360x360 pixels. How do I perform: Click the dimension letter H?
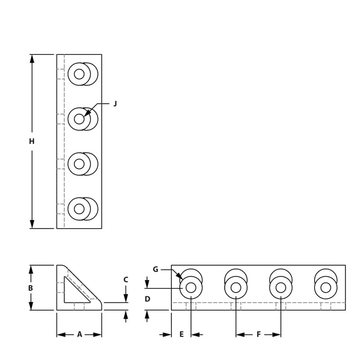tap(31, 141)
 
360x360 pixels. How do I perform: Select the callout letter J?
tap(115, 103)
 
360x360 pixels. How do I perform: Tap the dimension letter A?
tap(80, 334)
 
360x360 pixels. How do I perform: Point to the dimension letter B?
tap(31, 288)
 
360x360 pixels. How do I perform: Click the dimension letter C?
tap(126, 279)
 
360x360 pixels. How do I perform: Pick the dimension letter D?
tap(147, 299)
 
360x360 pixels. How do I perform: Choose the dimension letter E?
tap(181, 334)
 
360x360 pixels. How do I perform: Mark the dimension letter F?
tap(259, 334)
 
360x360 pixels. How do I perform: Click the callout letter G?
tap(155, 270)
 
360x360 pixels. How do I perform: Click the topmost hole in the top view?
tap(79, 74)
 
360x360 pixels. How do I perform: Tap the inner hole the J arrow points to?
tap(79, 119)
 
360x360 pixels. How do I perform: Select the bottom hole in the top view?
tap(79, 209)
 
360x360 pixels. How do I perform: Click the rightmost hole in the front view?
tap(326, 288)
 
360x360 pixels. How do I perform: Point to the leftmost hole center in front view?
tap(191, 288)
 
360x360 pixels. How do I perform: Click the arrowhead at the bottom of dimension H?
tap(32, 225)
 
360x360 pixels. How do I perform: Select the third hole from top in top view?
tap(79, 164)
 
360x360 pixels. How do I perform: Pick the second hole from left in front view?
tap(236, 288)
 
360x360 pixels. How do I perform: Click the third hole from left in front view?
tap(281, 288)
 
